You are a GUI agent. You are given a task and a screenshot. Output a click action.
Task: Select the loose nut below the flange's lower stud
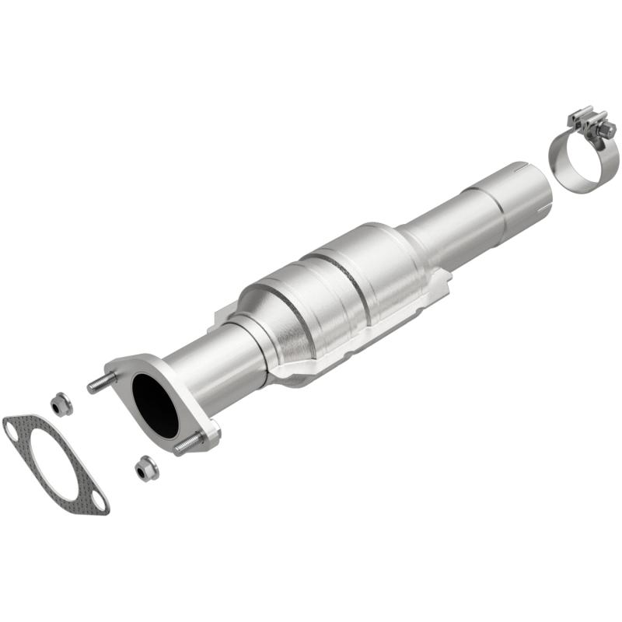pyautogui.click(x=145, y=468)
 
